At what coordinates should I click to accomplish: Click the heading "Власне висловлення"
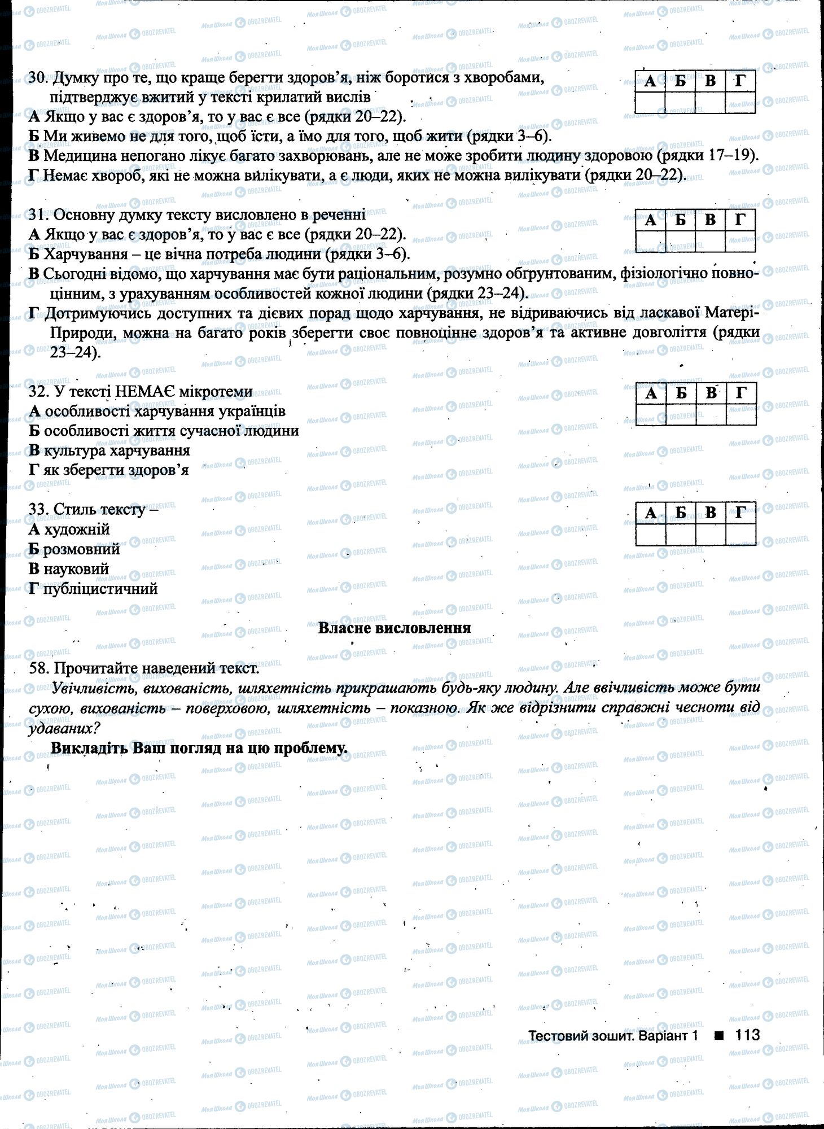click(x=395, y=628)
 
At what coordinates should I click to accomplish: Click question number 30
click(x=37, y=78)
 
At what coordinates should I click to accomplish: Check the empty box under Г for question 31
click(x=740, y=242)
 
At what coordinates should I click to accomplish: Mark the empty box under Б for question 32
click(x=681, y=415)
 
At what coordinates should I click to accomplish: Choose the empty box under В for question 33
click(x=711, y=535)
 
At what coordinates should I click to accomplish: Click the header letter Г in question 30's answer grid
click(x=740, y=82)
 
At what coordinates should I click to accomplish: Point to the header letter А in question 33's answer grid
click(x=650, y=513)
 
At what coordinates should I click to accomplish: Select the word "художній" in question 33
click(x=77, y=530)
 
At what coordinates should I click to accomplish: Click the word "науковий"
click(x=76, y=569)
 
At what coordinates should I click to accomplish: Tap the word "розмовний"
click(x=82, y=549)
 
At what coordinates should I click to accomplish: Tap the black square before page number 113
click(x=718, y=1035)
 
